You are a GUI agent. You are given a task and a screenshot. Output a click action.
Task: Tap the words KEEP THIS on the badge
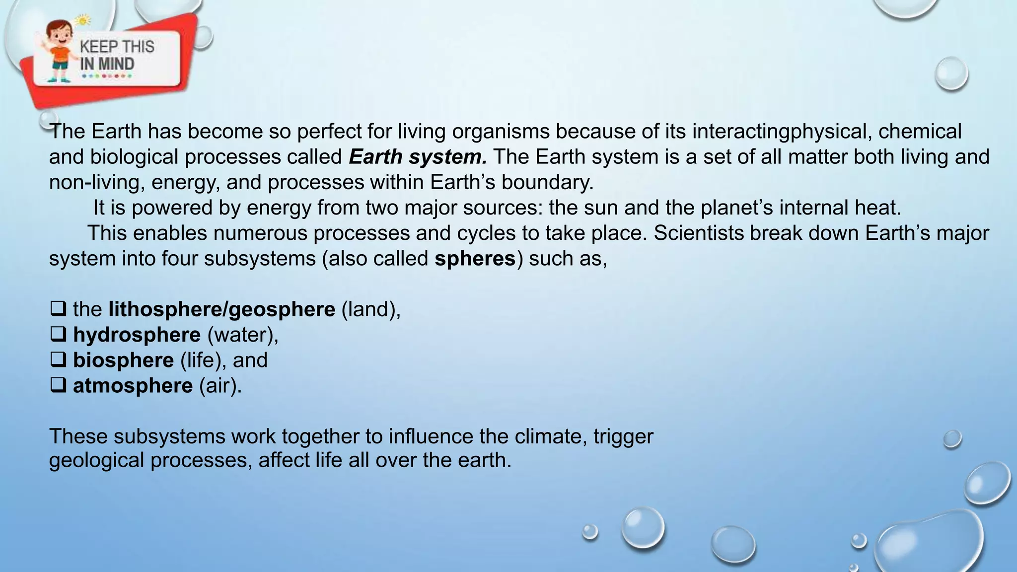pos(117,47)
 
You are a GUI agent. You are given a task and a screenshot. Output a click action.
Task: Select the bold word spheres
pos(475,259)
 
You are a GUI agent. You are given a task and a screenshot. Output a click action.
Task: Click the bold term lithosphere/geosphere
pos(221,309)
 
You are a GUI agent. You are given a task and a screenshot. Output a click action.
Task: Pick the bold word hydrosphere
pos(137,335)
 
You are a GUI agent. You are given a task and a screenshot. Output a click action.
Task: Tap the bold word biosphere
pos(123,360)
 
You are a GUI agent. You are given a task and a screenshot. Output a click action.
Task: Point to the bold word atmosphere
pos(133,386)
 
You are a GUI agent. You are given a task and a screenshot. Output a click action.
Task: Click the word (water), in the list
pos(243,335)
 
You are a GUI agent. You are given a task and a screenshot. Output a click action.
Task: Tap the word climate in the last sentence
pos(546,436)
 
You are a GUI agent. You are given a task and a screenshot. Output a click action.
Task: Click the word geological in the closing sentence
pos(96,460)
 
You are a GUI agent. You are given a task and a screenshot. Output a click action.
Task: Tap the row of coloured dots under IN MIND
pos(107,76)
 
